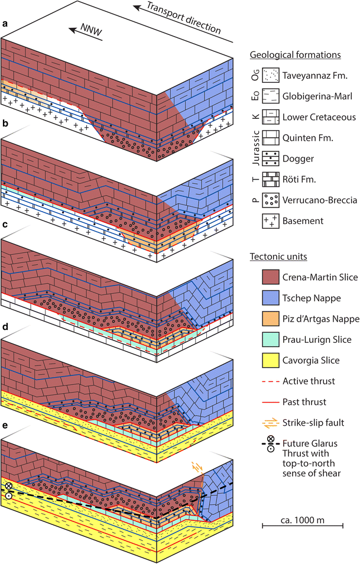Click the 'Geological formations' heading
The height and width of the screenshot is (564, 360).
296,54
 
